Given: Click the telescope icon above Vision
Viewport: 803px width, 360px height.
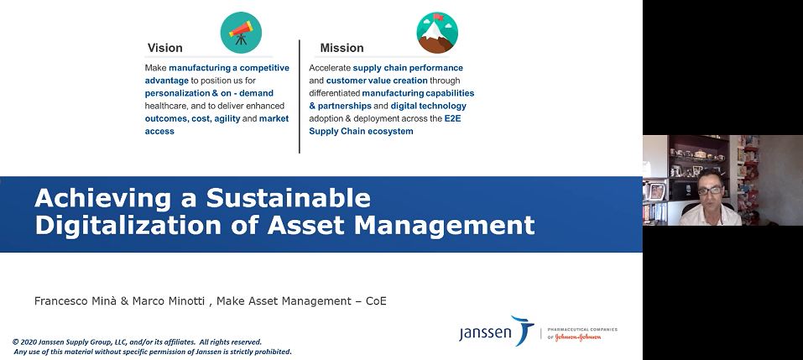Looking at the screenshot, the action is (x=241, y=33).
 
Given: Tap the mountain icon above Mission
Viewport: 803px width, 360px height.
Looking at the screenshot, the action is (x=437, y=33).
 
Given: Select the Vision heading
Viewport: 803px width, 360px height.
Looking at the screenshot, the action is (x=165, y=48).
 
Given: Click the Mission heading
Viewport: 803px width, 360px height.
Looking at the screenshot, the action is (x=342, y=48).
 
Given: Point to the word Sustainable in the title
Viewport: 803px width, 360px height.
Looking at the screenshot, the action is (x=289, y=198).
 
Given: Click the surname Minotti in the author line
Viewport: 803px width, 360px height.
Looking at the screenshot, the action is (x=186, y=301).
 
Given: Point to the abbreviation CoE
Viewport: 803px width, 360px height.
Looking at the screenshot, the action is (x=376, y=301).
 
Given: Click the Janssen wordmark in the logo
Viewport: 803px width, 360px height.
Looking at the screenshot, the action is (x=485, y=333).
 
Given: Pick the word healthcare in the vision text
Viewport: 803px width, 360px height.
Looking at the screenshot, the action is (x=166, y=106).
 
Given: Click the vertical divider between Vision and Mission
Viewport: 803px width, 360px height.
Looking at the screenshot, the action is (x=300, y=97).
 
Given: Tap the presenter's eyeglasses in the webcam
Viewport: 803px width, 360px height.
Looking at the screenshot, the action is (x=711, y=190).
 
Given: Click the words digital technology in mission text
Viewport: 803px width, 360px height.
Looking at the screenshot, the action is (x=429, y=106).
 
